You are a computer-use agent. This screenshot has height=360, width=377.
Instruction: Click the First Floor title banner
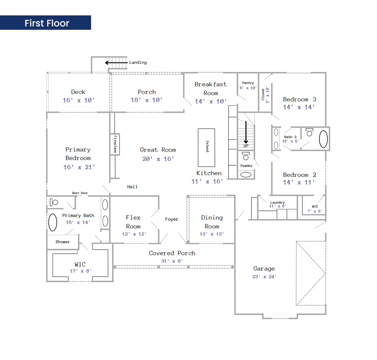pyautogui.click(x=46, y=23)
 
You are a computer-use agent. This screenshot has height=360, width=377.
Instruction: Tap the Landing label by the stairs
pyautogui.click(x=138, y=63)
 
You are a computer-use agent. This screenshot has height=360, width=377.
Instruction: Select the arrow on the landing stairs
pyautogui.click(x=116, y=63)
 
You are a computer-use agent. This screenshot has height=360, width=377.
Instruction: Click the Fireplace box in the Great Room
pyautogui.click(x=115, y=144)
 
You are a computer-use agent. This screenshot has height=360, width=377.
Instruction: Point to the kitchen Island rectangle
pyautogui.click(x=206, y=148)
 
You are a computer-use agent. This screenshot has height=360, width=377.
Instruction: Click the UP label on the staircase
pyautogui.click(x=246, y=146)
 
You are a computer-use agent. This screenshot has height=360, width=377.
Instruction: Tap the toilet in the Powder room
pyautogui.click(x=246, y=156)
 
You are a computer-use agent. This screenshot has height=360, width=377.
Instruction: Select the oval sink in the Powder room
pyautogui.click(x=246, y=175)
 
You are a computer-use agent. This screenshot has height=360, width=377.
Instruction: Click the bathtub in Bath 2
pyautogui.click(x=323, y=139)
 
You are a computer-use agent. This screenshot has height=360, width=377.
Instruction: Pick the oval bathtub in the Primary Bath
pyautogui.click(x=53, y=222)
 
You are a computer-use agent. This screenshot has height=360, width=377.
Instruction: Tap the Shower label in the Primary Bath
pyautogui.click(x=63, y=242)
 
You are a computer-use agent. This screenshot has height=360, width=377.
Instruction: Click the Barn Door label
pyautogui.click(x=80, y=193)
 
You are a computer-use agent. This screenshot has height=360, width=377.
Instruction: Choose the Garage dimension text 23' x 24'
pyautogui.click(x=264, y=277)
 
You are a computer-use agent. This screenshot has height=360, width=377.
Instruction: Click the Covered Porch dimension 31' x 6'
pyautogui.click(x=172, y=261)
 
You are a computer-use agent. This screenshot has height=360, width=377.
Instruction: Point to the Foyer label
pyautogui.click(x=171, y=219)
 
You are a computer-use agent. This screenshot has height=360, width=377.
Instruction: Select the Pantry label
pyautogui.click(x=248, y=83)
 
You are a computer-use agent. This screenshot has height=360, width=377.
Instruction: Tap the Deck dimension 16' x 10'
pyautogui.click(x=79, y=100)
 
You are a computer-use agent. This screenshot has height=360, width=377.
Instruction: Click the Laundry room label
pyautogui.click(x=277, y=203)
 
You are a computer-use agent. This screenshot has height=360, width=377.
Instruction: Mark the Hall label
pyautogui.click(x=132, y=187)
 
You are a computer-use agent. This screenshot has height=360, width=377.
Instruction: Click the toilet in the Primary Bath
pyautogui.click(x=54, y=202)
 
